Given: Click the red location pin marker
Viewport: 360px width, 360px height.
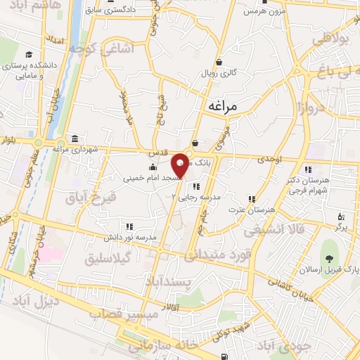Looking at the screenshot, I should (181, 165).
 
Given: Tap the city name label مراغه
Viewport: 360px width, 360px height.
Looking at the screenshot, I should (224, 105).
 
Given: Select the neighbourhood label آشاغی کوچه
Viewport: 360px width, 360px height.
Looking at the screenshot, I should (98, 50).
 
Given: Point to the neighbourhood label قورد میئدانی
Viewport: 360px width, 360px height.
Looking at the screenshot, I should (217, 257).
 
